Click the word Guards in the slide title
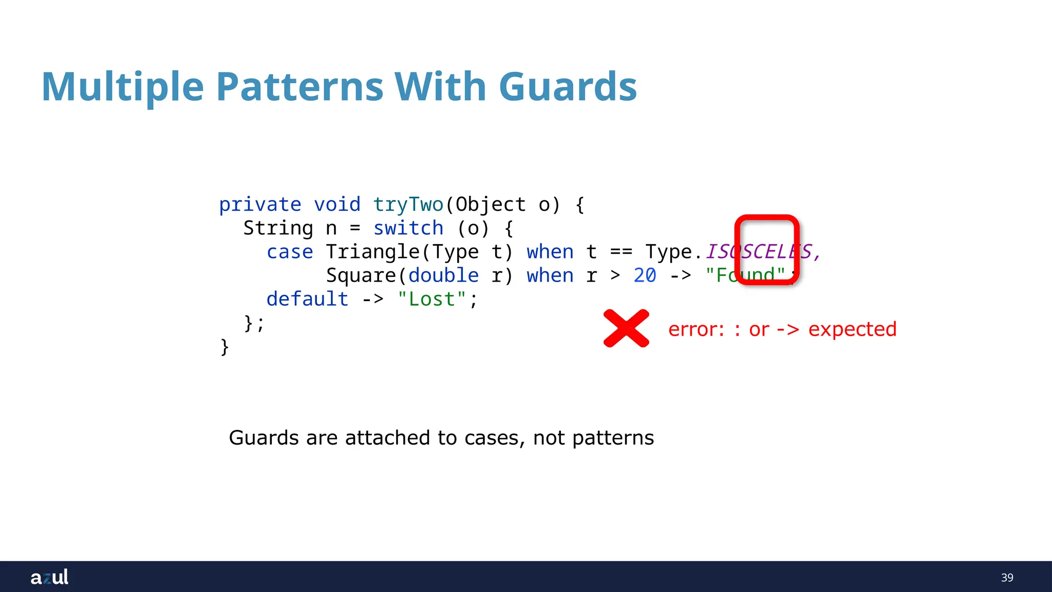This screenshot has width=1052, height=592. pos(568,86)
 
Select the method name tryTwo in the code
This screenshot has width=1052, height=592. pos(408,205)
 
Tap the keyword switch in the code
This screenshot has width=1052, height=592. pos(408,228)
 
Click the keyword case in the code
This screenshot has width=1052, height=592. pos(290,252)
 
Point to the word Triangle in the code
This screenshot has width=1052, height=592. pos(372,252)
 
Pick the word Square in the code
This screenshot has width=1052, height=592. pos(361,276)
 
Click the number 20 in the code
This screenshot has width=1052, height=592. pos(645,276)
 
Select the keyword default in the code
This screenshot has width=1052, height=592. pos(307,299)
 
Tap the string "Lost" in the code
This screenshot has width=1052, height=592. pos(431,299)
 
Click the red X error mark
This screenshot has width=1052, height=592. pos(626,328)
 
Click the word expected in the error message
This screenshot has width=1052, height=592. pos(852,329)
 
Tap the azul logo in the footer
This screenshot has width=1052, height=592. pos(49,577)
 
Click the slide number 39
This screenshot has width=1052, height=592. pos(1007,578)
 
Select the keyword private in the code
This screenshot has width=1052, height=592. pos(260,205)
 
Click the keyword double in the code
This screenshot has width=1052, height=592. pos(443,276)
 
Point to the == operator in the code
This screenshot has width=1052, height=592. pos(621,252)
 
